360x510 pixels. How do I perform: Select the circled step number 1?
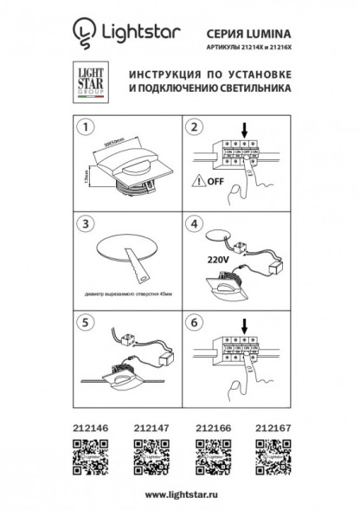tap(85, 130)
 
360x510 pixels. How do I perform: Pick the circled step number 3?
tap(85, 223)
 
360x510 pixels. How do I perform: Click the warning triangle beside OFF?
tap(200, 182)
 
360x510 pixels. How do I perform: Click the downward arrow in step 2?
tap(245, 132)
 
